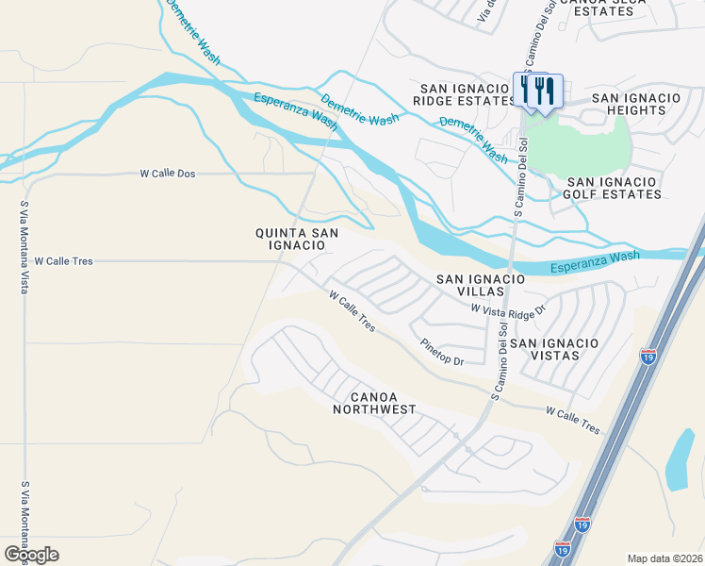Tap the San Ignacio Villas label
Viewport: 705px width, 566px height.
point(479,286)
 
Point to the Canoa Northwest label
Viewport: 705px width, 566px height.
point(374,402)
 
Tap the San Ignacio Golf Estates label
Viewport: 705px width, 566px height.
point(614,188)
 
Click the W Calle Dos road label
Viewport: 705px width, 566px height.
point(167,174)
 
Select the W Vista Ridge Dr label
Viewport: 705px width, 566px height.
point(509,309)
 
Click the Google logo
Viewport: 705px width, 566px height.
point(31,554)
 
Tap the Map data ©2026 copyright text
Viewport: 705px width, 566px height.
point(664,558)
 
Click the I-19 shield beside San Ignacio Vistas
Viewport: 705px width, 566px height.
point(648,357)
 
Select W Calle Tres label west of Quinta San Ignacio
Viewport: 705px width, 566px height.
point(63,260)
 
